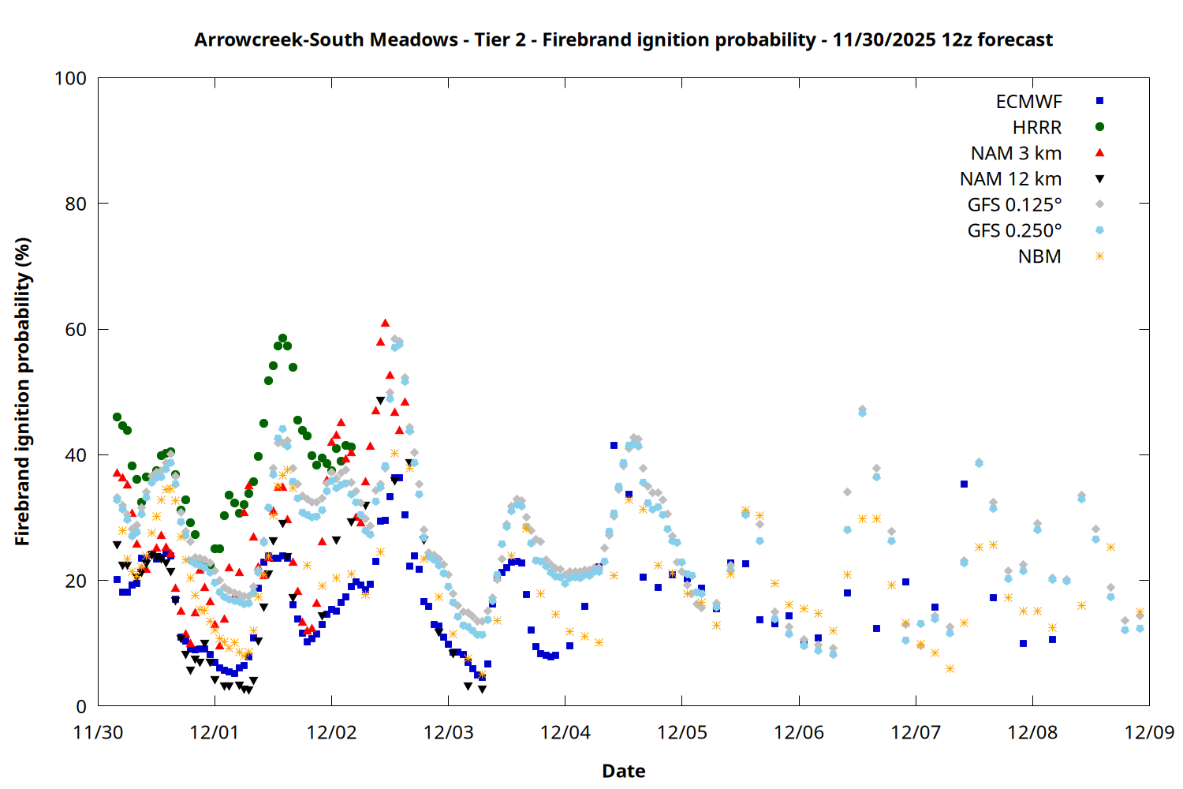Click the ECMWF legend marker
click(1099, 101)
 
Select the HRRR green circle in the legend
click(1099, 127)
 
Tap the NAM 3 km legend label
click(1016, 153)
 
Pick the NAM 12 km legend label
click(1010, 179)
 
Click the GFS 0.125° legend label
click(1014, 205)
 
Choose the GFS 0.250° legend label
click(1014, 230)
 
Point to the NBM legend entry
click(1039, 256)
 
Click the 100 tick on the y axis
click(70, 78)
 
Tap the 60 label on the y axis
click(76, 330)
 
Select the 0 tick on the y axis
click(80, 707)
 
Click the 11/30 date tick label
click(98, 732)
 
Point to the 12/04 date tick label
click(565, 732)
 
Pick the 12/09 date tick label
click(1149, 732)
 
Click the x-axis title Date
click(623, 771)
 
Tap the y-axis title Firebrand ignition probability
click(23, 391)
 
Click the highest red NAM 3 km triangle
click(385, 323)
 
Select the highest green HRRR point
click(282, 338)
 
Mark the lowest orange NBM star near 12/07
click(950, 668)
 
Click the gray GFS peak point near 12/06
click(862, 409)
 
